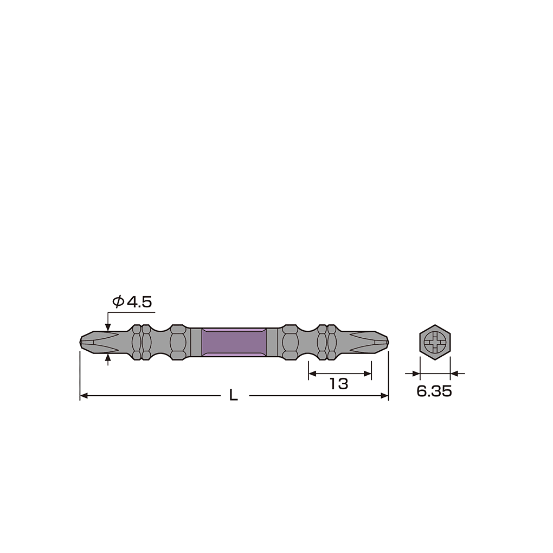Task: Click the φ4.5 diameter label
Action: click(x=132, y=302)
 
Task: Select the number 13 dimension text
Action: click(x=338, y=384)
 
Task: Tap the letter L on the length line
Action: click(x=234, y=395)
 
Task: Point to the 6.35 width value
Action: click(x=434, y=391)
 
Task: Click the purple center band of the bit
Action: click(x=234, y=342)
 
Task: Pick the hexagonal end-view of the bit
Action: click(x=435, y=342)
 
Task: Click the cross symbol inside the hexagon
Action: click(x=435, y=343)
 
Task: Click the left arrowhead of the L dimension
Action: click(x=83, y=396)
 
